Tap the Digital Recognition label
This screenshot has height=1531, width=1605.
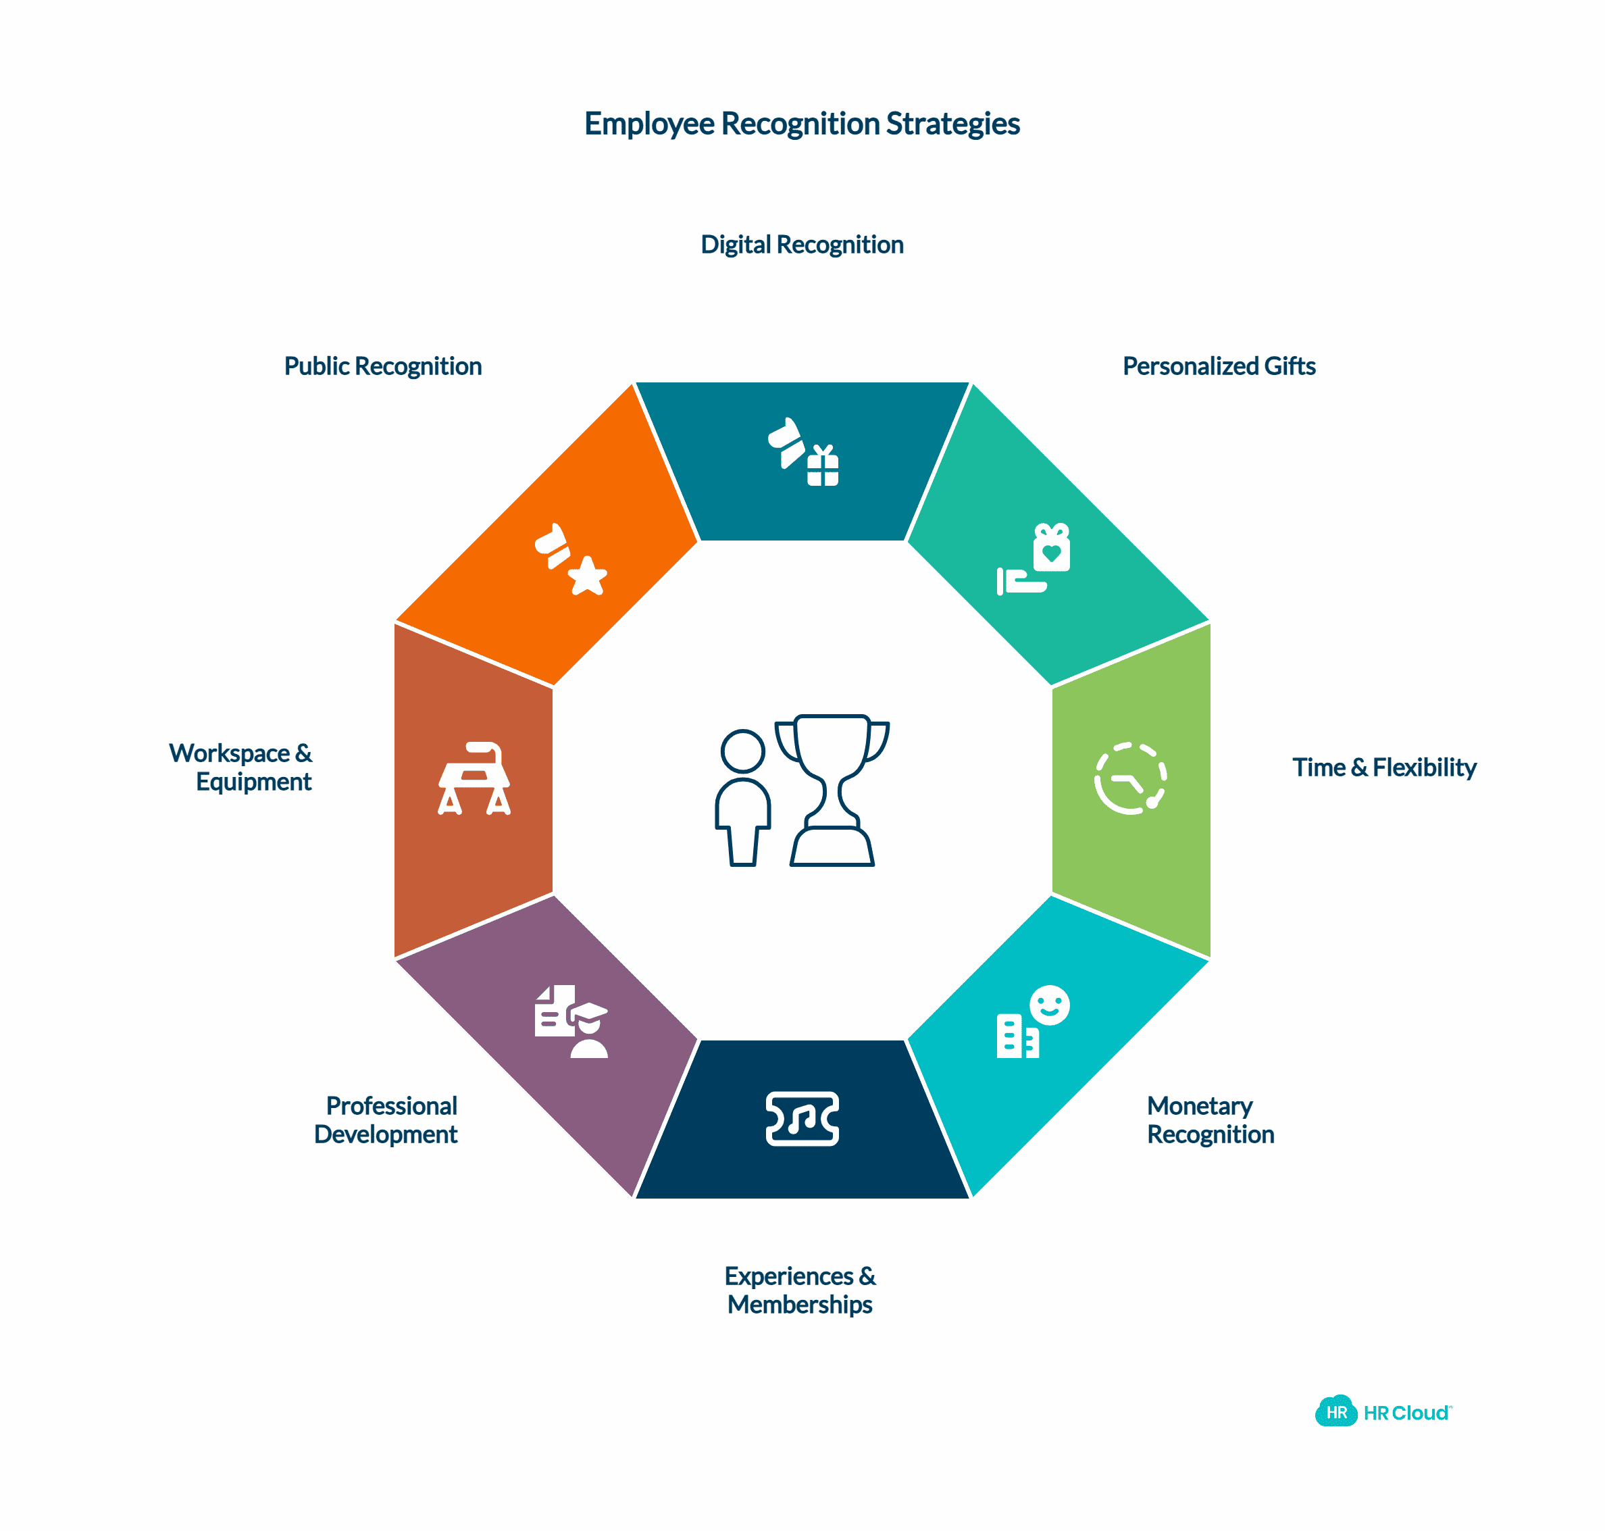coord(801,245)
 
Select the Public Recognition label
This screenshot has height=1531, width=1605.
coord(383,366)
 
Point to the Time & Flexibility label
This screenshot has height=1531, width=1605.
coord(1384,767)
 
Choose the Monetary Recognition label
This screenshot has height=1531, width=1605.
coord(1210,1120)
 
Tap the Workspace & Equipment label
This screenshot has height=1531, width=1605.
coord(240,767)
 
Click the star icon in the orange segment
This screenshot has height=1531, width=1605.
coord(587,576)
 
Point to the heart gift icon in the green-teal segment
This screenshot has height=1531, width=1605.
coord(1051,549)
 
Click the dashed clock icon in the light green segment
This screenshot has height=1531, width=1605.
coord(1130,778)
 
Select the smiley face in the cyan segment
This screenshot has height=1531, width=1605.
coord(1049,1005)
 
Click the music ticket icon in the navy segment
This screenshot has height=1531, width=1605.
coord(802,1118)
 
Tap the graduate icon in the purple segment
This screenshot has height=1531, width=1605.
coord(588,1032)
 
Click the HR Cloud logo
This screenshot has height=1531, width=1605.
coord(1383,1413)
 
